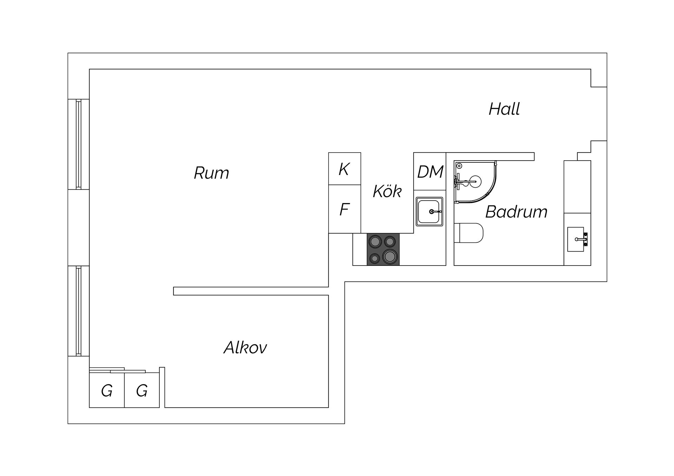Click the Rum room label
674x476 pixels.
click(211, 173)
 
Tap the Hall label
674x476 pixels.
click(504, 109)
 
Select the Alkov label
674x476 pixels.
click(245, 348)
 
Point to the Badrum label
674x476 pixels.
click(516, 212)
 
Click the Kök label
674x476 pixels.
click(387, 191)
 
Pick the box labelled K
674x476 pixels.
click(345, 169)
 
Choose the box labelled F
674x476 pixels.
click(345, 209)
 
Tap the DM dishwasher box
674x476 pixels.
click(430, 172)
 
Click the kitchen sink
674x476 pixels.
click(429, 212)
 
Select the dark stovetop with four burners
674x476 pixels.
click(383, 249)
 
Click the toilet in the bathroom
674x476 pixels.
click(468, 233)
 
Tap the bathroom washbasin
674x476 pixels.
click(577, 239)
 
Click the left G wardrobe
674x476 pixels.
click(107, 390)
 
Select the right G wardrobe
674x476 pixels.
click(142, 390)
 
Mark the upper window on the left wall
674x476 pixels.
click(79, 144)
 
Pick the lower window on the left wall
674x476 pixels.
click(79, 311)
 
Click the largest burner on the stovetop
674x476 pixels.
click(389, 256)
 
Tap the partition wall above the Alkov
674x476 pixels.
click(251, 291)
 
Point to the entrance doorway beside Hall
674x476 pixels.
click(599, 114)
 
